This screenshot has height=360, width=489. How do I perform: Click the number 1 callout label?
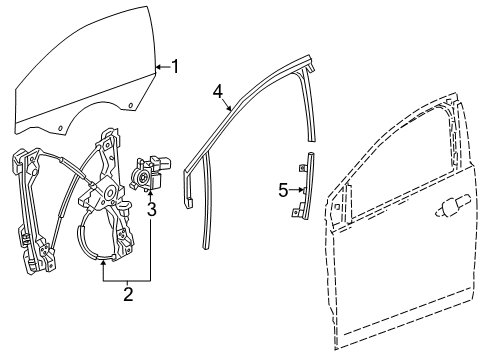click(x=176, y=67)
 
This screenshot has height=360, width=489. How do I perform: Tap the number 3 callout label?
click(x=152, y=209)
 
